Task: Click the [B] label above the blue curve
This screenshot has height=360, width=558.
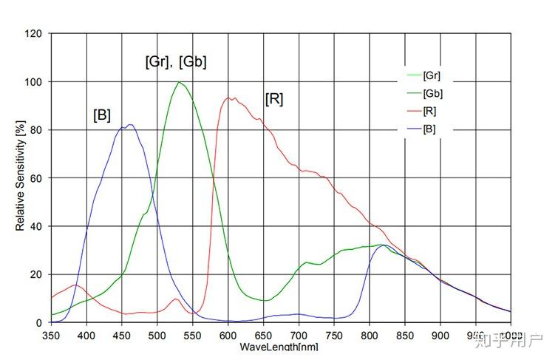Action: click(102, 115)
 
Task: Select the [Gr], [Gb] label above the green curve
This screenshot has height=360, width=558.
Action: click(175, 62)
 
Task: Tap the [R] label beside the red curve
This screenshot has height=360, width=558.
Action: click(273, 98)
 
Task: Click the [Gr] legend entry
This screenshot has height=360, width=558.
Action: click(432, 75)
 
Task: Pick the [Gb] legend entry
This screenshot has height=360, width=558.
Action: click(433, 94)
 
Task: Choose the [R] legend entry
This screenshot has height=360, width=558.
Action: click(430, 112)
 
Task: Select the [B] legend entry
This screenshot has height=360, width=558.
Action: click(430, 129)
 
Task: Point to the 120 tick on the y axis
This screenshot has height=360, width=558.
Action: click(34, 33)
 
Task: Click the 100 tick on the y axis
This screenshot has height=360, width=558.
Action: click(34, 81)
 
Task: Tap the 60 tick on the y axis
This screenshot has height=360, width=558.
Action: click(36, 178)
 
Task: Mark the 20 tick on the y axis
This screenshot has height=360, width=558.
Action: click(36, 274)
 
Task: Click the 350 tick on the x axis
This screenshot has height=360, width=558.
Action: click(52, 335)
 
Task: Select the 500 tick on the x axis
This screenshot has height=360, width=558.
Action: click(157, 335)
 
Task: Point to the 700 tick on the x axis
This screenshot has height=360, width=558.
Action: click(299, 335)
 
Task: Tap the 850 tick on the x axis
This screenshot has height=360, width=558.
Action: click(405, 335)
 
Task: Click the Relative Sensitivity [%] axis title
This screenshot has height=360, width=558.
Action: click(20, 177)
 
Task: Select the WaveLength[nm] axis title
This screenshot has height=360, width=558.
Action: click(279, 347)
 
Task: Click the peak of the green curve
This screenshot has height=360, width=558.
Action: click(179, 82)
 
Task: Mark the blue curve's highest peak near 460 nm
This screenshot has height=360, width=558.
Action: click(130, 125)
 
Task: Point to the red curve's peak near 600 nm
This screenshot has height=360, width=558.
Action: click(228, 98)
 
